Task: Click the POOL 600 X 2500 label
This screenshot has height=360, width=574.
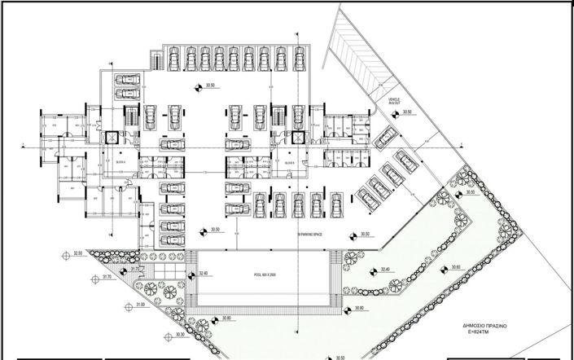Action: point(265,275)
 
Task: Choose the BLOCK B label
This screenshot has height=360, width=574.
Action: point(289,161)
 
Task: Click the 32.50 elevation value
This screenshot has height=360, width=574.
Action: point(78,254)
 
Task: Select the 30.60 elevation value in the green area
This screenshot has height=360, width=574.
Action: point(455,268)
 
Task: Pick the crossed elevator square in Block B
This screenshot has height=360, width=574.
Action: point(296,138)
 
